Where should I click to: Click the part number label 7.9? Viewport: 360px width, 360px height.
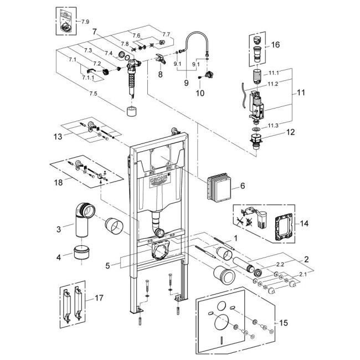point(85,21)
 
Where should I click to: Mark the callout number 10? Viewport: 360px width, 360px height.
point(199,94)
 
